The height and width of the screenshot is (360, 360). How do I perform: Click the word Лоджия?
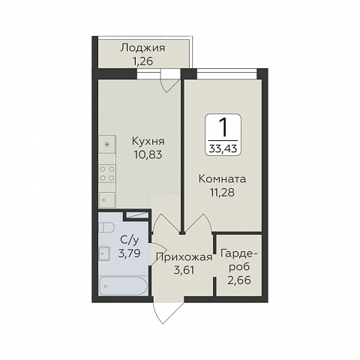coord(142,48)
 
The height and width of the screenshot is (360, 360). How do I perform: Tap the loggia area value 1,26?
coord(143,61)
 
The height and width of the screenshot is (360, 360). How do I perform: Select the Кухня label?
coord(148,142)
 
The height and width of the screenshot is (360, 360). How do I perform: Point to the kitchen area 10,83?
coord(148,154)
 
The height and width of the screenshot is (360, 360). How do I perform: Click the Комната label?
coord(223,179)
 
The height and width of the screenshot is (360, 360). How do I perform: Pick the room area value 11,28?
coord(222,193)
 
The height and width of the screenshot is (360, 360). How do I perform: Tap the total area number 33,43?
coord(223,148)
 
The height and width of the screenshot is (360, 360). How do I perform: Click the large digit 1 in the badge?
coord(223,127)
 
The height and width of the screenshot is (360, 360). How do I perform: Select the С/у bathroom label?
coord(129,240)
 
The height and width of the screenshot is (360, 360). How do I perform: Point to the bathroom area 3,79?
coord(129,253)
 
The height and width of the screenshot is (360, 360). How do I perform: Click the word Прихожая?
coord(184,257)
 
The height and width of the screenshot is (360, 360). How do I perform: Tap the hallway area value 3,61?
coord(184,270)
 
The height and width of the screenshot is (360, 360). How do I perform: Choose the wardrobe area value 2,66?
coord(239,280)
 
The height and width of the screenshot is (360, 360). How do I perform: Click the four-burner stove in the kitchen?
coord(107,174)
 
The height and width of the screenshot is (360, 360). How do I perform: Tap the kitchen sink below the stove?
coord(107,199)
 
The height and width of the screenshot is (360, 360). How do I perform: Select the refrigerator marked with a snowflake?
coord(107,144)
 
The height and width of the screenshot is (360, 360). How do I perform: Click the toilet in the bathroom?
coord(106,228)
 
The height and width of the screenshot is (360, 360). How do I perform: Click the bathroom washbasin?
coord(104,253)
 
